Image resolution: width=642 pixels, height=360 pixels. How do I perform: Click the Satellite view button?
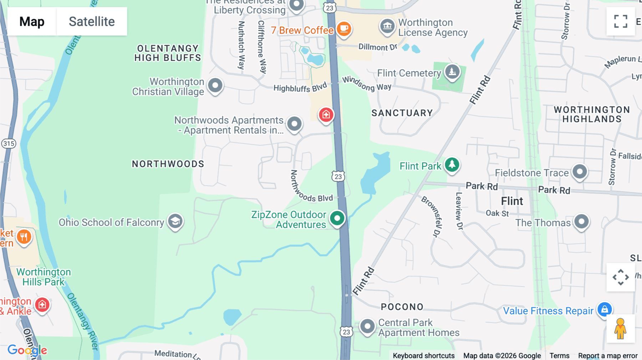(x=92, y=21)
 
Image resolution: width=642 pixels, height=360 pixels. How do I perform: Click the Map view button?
(x=32, y=21)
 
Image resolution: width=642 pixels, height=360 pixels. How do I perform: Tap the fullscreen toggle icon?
(x=621, y=21)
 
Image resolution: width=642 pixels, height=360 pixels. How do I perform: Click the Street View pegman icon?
(x=620, y=329)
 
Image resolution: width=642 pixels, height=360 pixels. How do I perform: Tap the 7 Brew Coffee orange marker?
(x=344, y=29)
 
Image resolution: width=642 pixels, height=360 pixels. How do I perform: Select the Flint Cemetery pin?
(x=452, y=72)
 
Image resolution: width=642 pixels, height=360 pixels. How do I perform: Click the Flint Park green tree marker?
(x=452, y=165)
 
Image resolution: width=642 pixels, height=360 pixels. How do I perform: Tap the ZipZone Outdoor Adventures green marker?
(x=337, y=218)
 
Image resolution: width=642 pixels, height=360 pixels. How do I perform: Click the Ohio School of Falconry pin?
(x=175, y=221)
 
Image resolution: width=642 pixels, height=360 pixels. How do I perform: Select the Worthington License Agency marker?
(x=387, y=26)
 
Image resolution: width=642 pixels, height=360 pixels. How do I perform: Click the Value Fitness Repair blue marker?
(x=605, y=309)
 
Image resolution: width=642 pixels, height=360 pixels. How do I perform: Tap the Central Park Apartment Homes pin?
(x=367, y=326)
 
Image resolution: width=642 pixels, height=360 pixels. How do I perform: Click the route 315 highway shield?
(x=9, y=144)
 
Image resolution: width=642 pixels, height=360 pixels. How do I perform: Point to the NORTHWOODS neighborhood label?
(x=168, y=164)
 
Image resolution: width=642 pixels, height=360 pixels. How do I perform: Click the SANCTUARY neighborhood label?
(x=402, y=113)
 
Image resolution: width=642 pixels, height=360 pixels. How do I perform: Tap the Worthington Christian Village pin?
(x=215, y=86)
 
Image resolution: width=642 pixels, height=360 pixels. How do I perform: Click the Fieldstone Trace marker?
(x=580, y=171)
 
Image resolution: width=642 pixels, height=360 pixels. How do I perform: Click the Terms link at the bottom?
(x=559, y=355)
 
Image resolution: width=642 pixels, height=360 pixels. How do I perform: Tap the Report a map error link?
(x=607, y=355)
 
